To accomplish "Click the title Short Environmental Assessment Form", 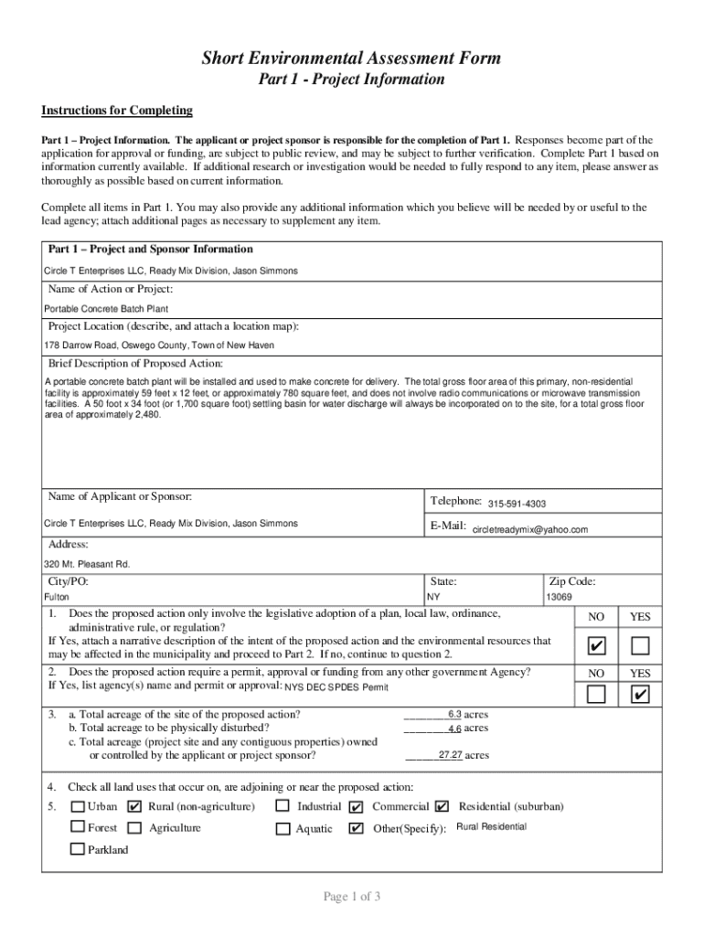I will click(x=351, y=58).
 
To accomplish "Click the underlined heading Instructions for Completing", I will click(x=117, y=111).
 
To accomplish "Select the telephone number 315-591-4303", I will click(x=517, y=505).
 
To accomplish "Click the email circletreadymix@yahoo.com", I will click(x=529, y=529).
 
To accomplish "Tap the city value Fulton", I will click(x=57, y=597).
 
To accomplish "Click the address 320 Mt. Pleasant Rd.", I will click(x=87, y=564).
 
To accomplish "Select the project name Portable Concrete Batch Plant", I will click(x=106, y=309).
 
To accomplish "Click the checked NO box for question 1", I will click(x=596, y=647).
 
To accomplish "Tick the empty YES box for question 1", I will click(x=640, y=647).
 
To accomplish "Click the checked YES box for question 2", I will click(x=640, y=696).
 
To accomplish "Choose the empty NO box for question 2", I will click(x=596, y=696).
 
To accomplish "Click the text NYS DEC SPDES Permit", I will click(x=336, y=687).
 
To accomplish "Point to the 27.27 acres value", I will click(x=450, y=756).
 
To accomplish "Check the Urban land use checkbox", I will click(x=79, y=807).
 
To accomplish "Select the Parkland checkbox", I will click(x=79, y=849).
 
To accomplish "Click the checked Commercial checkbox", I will click(x=356, y=807).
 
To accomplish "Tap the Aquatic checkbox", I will click(x=283, y=829).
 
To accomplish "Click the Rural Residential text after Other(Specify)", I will click(x=491, y=827).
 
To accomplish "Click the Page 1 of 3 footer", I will click(x=351, y=897).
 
